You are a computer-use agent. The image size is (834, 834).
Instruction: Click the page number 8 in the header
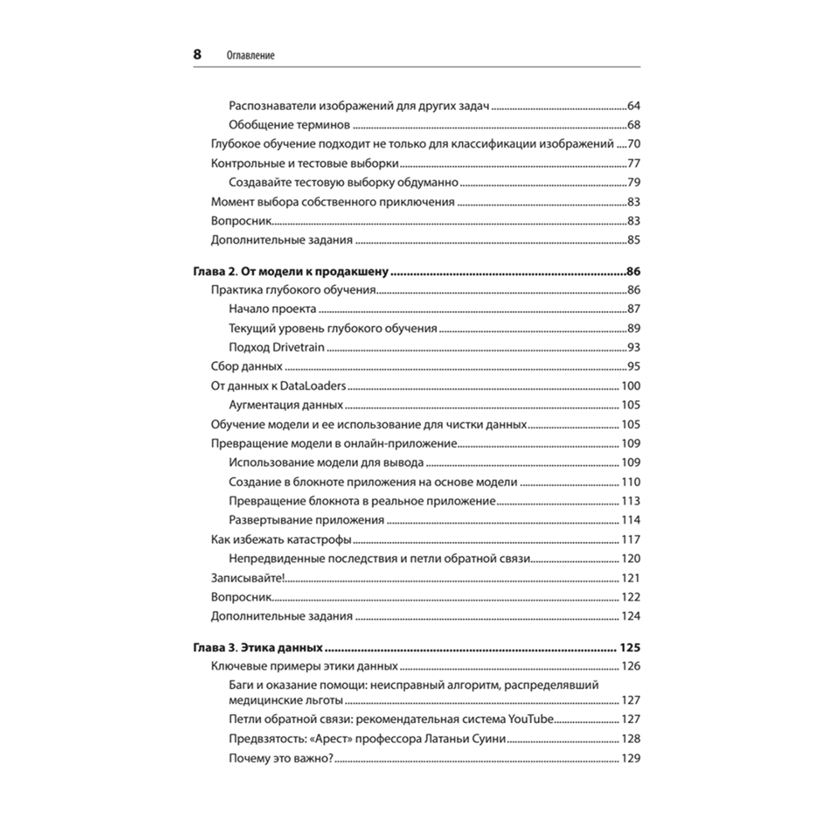198,55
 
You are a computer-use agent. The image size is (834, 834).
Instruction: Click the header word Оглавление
251,56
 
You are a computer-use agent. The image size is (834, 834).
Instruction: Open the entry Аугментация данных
285,405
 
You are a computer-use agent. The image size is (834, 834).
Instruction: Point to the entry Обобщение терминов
288,126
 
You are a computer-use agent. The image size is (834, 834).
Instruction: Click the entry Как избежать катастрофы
281,540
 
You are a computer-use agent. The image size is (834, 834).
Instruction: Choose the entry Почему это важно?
280,758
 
